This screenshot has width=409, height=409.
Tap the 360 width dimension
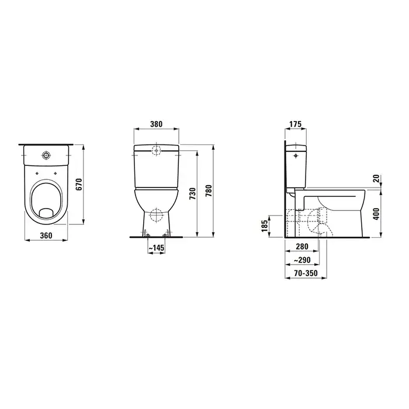point(46,235)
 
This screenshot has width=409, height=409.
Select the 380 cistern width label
point(156,124)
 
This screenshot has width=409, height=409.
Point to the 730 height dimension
point(192,193)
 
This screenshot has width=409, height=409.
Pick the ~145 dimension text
point(156,248)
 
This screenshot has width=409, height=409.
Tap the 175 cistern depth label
point(295,124)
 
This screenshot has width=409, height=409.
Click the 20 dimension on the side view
point(376,179)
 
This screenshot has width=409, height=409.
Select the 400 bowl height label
point(376,214)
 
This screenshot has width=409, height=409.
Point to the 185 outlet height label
point(265,226)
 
